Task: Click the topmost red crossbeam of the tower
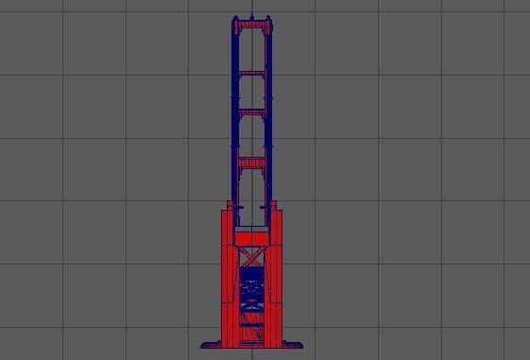point(252,25)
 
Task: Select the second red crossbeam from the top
point(252,72)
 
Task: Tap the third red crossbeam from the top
point(252,111)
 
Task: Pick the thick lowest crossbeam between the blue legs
point(252,163)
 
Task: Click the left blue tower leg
point(235,123)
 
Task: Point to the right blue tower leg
point(269,123)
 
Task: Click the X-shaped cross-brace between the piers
point(251,257)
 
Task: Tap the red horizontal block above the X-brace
point(251,237)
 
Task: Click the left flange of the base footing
point(210,344)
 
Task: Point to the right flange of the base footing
point(294,344)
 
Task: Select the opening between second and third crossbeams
point(252,92)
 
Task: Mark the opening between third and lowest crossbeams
point(252,136)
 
